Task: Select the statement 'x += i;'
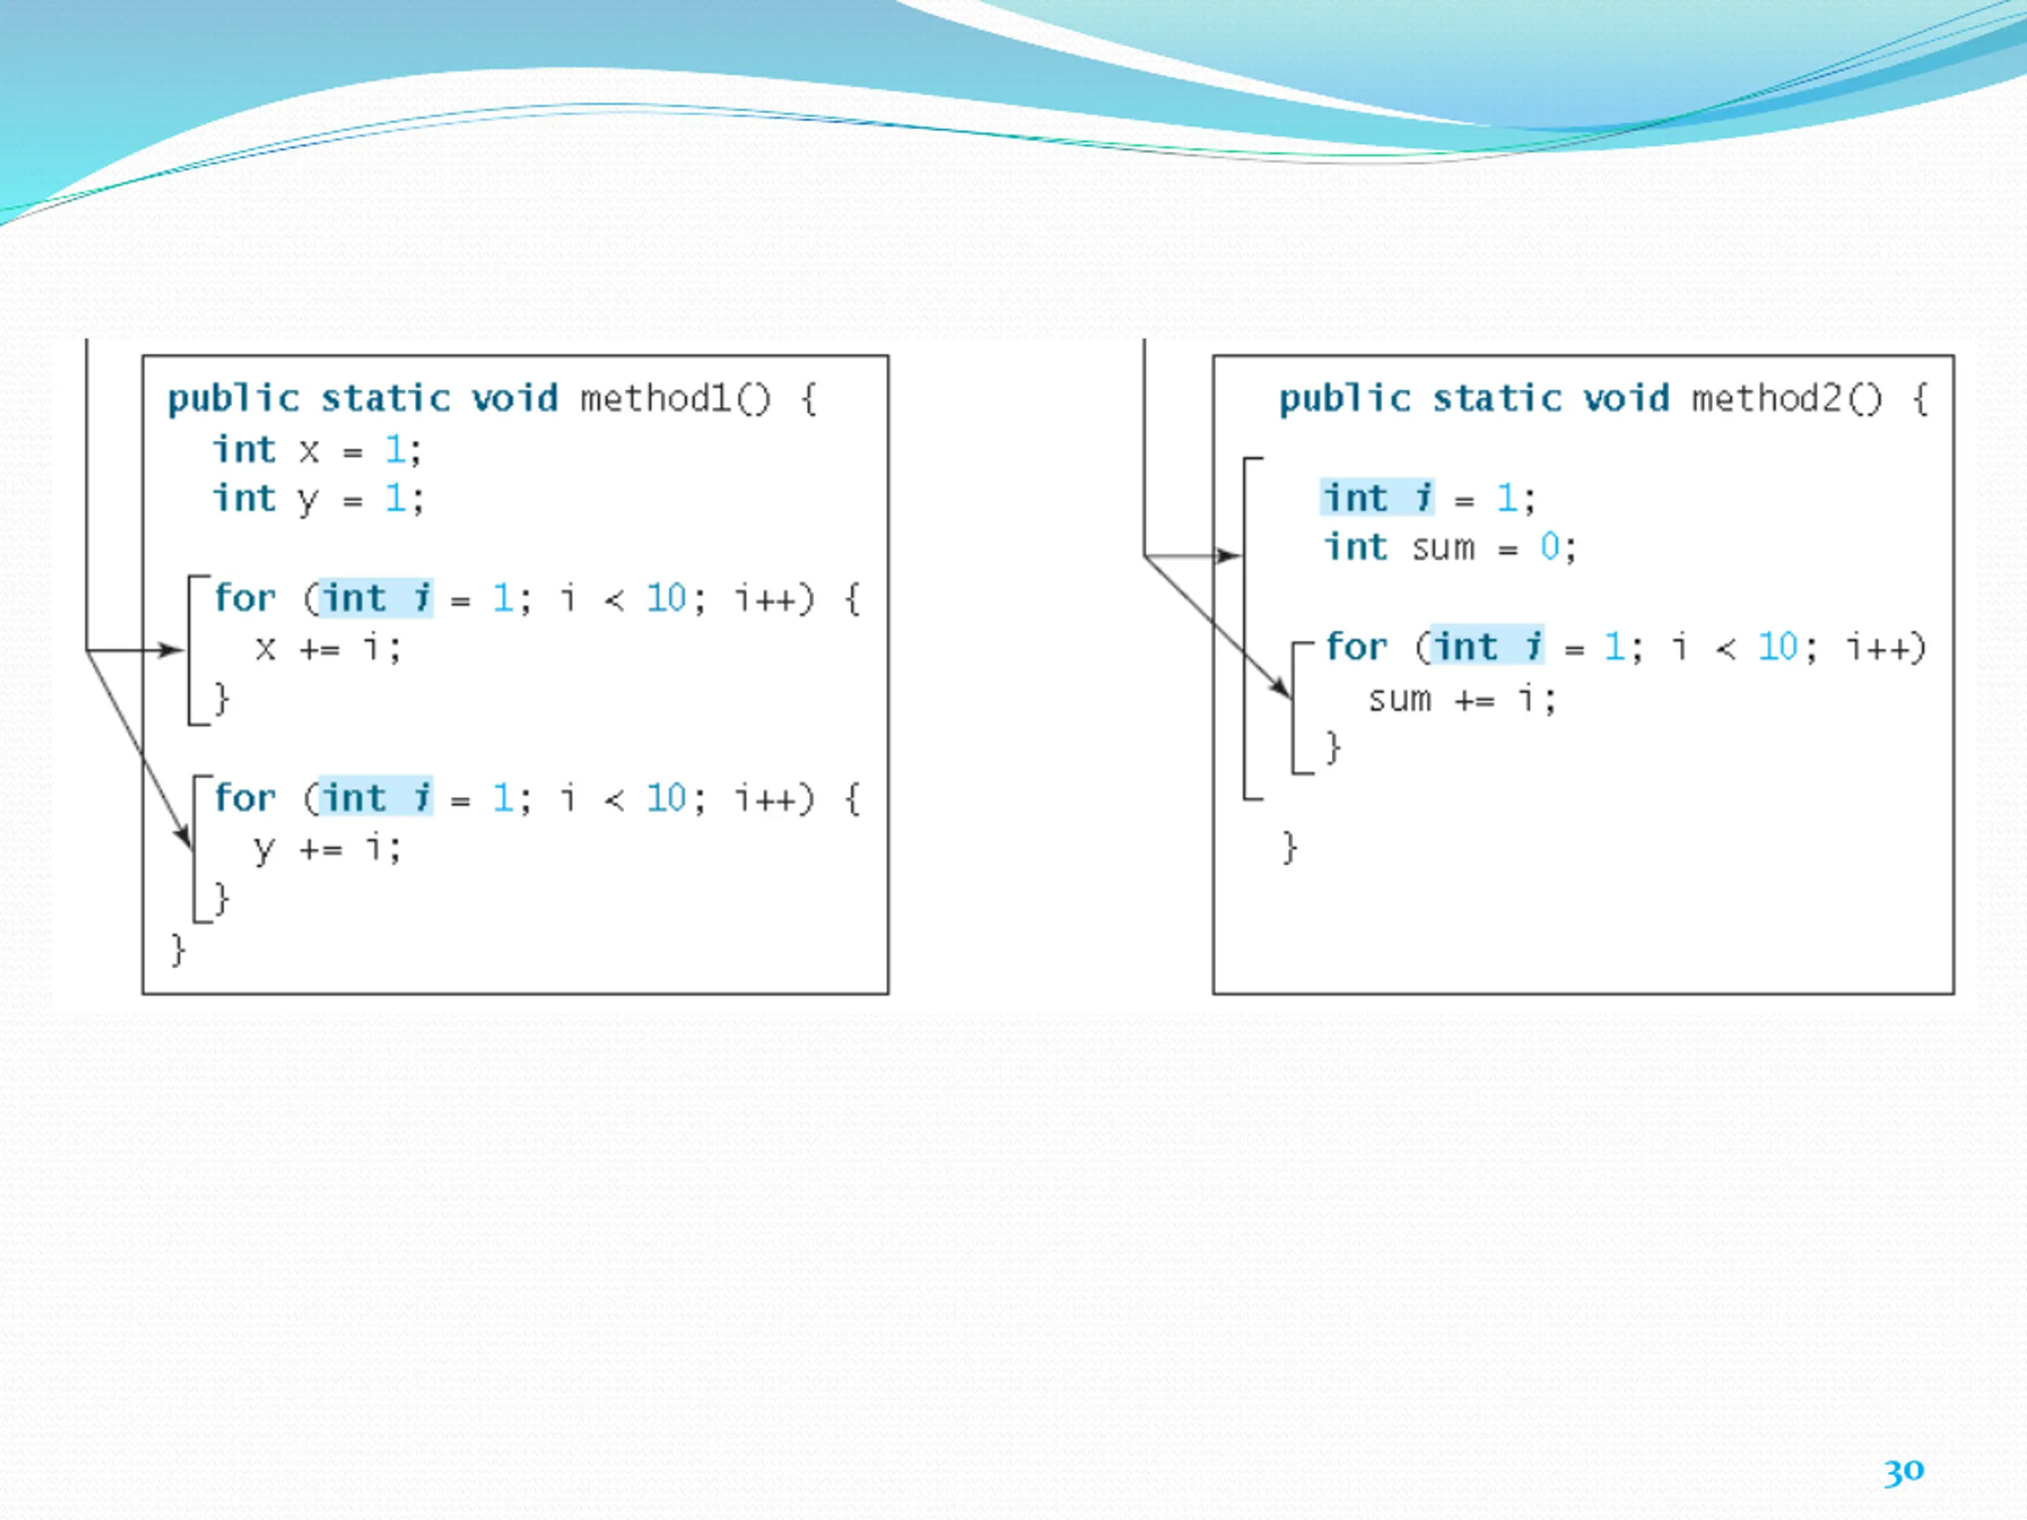[328, 648]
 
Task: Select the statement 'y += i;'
[327, 849]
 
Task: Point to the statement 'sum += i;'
[1462, 700]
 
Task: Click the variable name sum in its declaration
[1443, 548]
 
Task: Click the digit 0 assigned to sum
[1549, 547]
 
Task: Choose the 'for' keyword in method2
[1356, 648]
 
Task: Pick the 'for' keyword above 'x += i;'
[245, 598]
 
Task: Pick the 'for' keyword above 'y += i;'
[245, 798]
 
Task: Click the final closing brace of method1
[178, 950]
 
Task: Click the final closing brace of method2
[1289, 848]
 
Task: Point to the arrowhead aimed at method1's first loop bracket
[173, 651]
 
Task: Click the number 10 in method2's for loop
[1778, 648]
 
